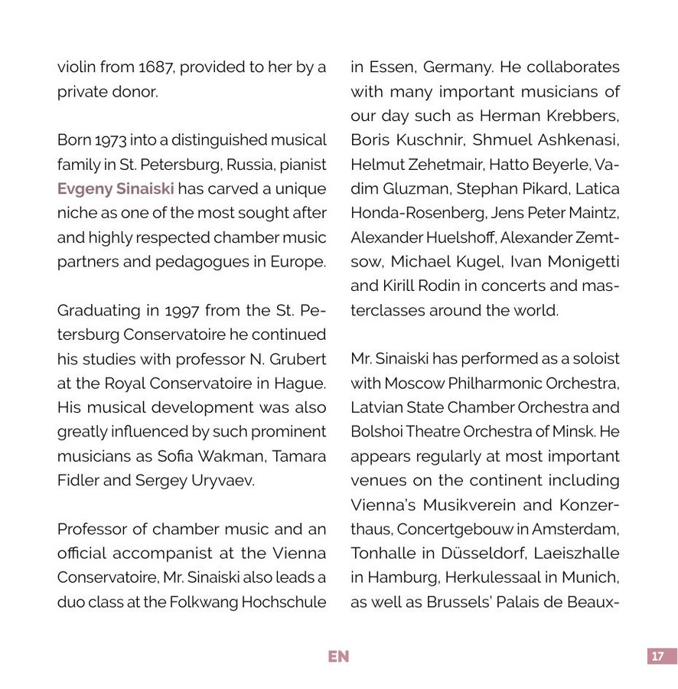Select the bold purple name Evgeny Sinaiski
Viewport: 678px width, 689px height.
tap(116, 188)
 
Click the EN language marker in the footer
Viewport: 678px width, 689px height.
tap(338, 657)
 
